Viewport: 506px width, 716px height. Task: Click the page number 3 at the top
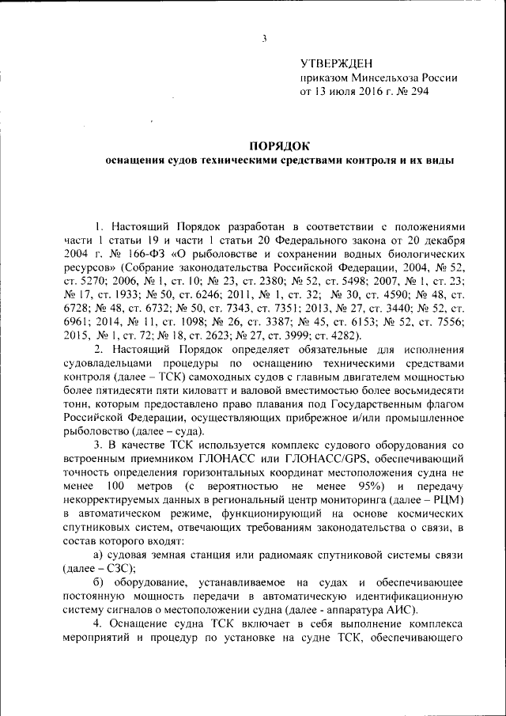point(266,39)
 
